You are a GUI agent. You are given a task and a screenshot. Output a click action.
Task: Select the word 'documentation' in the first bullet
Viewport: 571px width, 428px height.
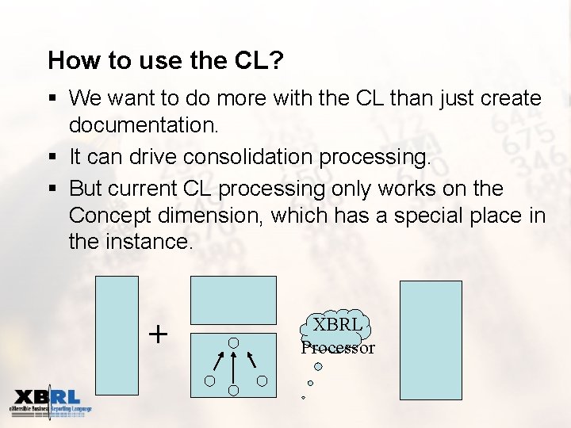point(139,125)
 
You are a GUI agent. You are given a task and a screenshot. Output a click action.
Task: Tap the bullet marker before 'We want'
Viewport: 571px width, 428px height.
point(52,98)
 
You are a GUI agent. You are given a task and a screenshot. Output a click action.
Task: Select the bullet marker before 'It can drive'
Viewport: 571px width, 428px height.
point(52,157)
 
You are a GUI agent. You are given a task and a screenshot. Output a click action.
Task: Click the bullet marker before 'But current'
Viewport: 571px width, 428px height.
point(52,189)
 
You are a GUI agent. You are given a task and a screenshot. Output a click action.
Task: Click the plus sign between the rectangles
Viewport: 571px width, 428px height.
point(159,334)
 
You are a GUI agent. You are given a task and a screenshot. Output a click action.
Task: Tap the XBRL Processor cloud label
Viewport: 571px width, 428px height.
point(337,335)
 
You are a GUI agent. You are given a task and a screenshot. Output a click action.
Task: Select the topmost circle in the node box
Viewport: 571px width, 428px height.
point(234,343)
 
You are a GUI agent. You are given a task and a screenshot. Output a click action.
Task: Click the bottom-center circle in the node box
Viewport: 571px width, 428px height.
point(234,391)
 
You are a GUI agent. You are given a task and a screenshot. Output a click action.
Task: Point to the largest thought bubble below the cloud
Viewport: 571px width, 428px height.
point(318,366)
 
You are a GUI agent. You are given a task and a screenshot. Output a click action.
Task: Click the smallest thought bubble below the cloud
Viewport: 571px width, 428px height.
point(303,397)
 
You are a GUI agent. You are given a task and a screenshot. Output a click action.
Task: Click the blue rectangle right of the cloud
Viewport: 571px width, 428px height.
point(431,339)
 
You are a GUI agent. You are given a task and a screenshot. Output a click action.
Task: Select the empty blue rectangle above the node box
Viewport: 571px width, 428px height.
point(233,300)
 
